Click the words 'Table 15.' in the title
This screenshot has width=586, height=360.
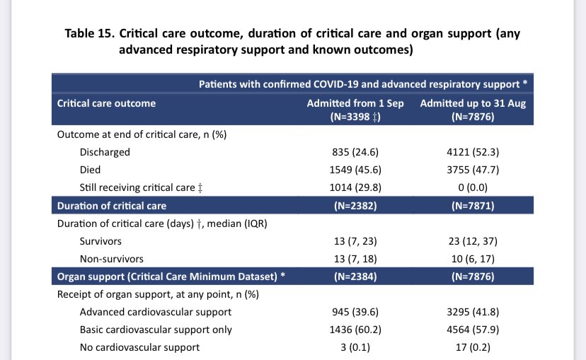89,34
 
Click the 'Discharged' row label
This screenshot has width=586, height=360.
105,152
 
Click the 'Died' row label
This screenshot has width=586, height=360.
91,170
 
